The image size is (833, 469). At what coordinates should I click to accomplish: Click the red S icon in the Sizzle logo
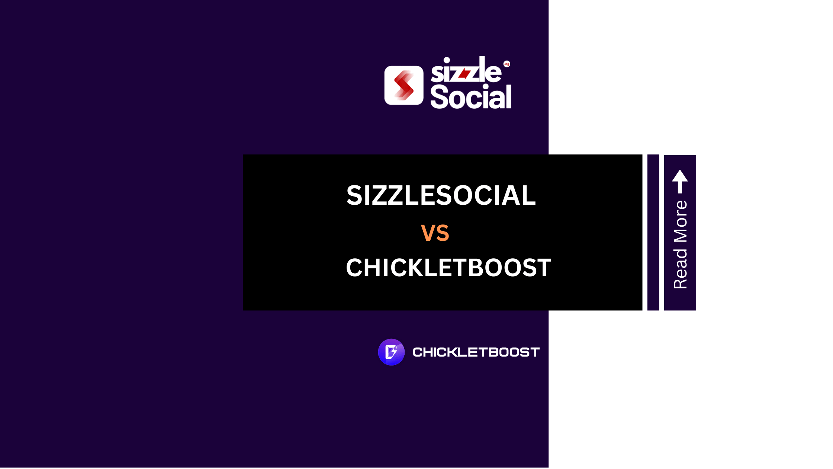coord(404,86)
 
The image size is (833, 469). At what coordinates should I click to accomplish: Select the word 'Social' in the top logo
coord(471,96)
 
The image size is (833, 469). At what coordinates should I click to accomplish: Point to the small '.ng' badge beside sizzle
coord(506,64)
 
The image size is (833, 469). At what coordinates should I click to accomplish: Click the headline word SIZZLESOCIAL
coord(441,195)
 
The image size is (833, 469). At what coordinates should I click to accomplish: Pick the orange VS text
coord(435,233)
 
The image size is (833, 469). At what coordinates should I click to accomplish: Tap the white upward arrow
coord(680,181)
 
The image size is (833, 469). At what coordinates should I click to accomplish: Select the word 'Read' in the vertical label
coord(680,268)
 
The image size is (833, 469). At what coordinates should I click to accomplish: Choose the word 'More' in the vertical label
coord(680,222)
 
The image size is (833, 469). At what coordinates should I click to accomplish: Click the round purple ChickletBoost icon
coord(391,352)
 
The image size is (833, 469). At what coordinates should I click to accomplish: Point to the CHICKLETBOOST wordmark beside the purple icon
coord(476,352)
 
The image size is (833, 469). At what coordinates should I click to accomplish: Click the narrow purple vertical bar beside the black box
coord(653,232)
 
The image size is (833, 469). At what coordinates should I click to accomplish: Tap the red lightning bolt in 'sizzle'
coord(464,74)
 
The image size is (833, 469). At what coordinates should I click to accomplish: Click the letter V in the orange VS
coord(428,233)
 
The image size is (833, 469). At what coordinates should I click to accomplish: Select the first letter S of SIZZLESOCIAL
coord(354,195)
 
